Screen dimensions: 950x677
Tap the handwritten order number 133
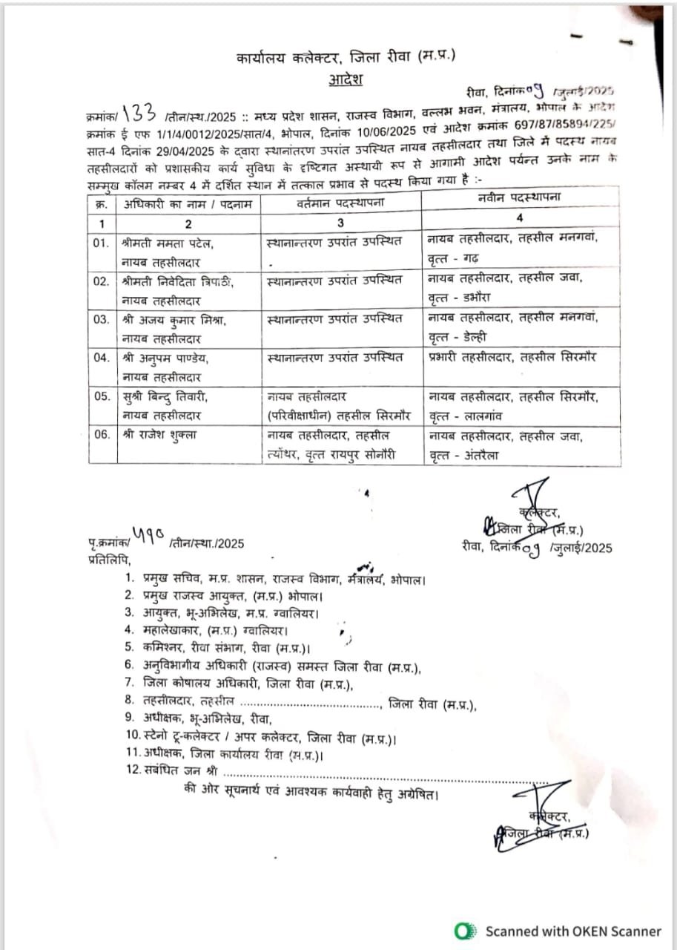(139, 114)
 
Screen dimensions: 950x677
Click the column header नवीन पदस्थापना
(520, 197)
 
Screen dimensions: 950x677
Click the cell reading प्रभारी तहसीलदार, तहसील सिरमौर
(512, 358)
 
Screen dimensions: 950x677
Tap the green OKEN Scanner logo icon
(466, 931)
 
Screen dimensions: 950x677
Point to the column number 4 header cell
(520, 217)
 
